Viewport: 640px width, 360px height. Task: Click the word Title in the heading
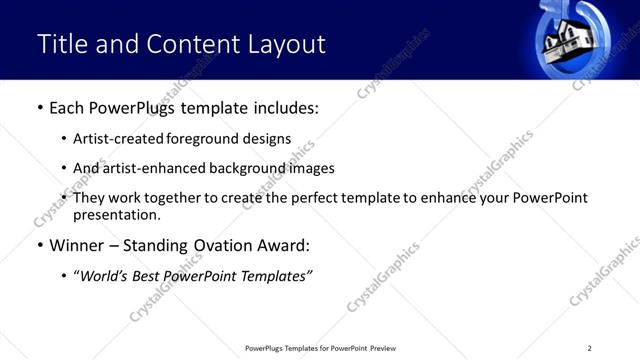click(x=59, y=44)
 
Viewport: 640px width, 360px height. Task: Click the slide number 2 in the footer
click(x=589, y=348)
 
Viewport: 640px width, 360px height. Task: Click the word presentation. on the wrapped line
click(x=116, y=214)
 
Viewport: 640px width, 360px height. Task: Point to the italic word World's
click(x=104, y=275)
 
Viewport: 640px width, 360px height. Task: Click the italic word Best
click(x=150, y=275)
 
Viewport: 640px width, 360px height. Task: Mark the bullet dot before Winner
click(x=39, y=246)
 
